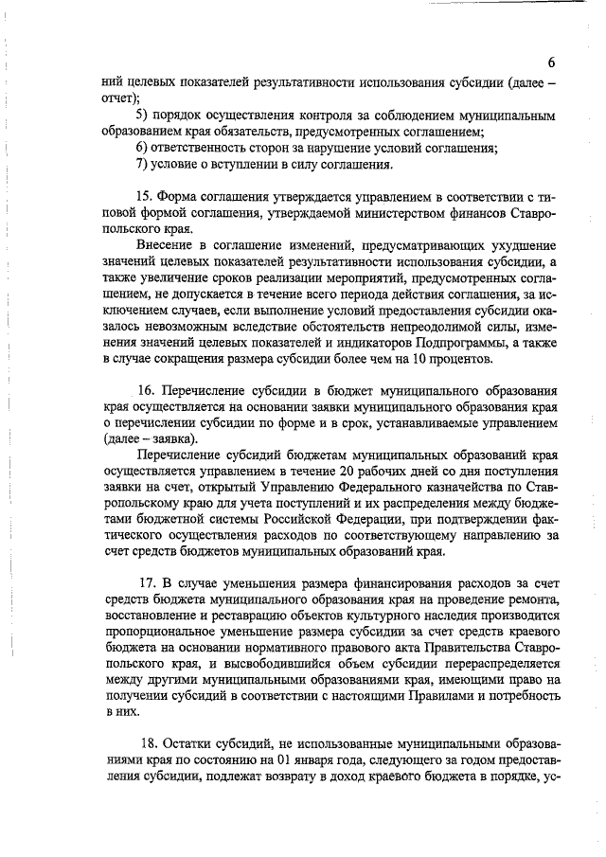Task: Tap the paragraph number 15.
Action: coord(145,197)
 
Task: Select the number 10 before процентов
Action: coord(412,358)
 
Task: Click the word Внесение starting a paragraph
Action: coord(166,245)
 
